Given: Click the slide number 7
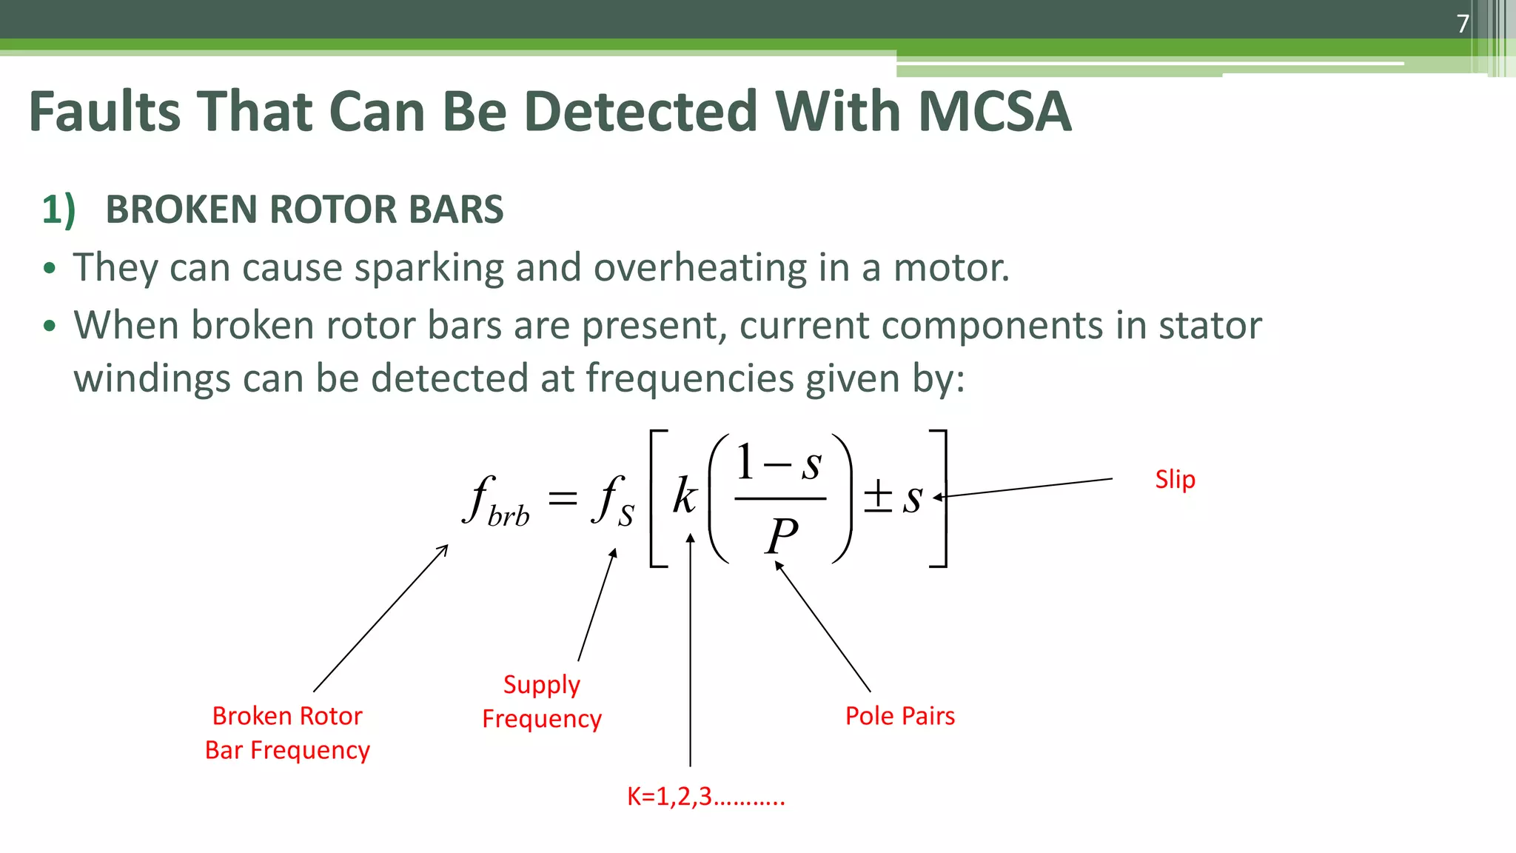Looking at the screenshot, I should coord(1463,24).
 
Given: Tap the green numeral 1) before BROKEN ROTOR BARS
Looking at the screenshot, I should coord(58,210).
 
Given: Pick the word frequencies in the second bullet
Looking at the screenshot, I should coord(690,378).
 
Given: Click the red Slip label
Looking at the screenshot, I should coord(1175,480).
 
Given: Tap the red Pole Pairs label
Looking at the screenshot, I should coord(899,716).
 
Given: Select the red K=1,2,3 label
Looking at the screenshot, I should coord(705,797).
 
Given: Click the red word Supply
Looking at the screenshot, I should coord(541,685).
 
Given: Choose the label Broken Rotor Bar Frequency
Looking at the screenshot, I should coord(287,733).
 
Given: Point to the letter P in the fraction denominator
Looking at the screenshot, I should coord(782,535).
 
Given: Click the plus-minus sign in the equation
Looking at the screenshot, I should coord(878,495).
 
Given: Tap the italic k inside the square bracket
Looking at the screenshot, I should coord(685,495).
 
